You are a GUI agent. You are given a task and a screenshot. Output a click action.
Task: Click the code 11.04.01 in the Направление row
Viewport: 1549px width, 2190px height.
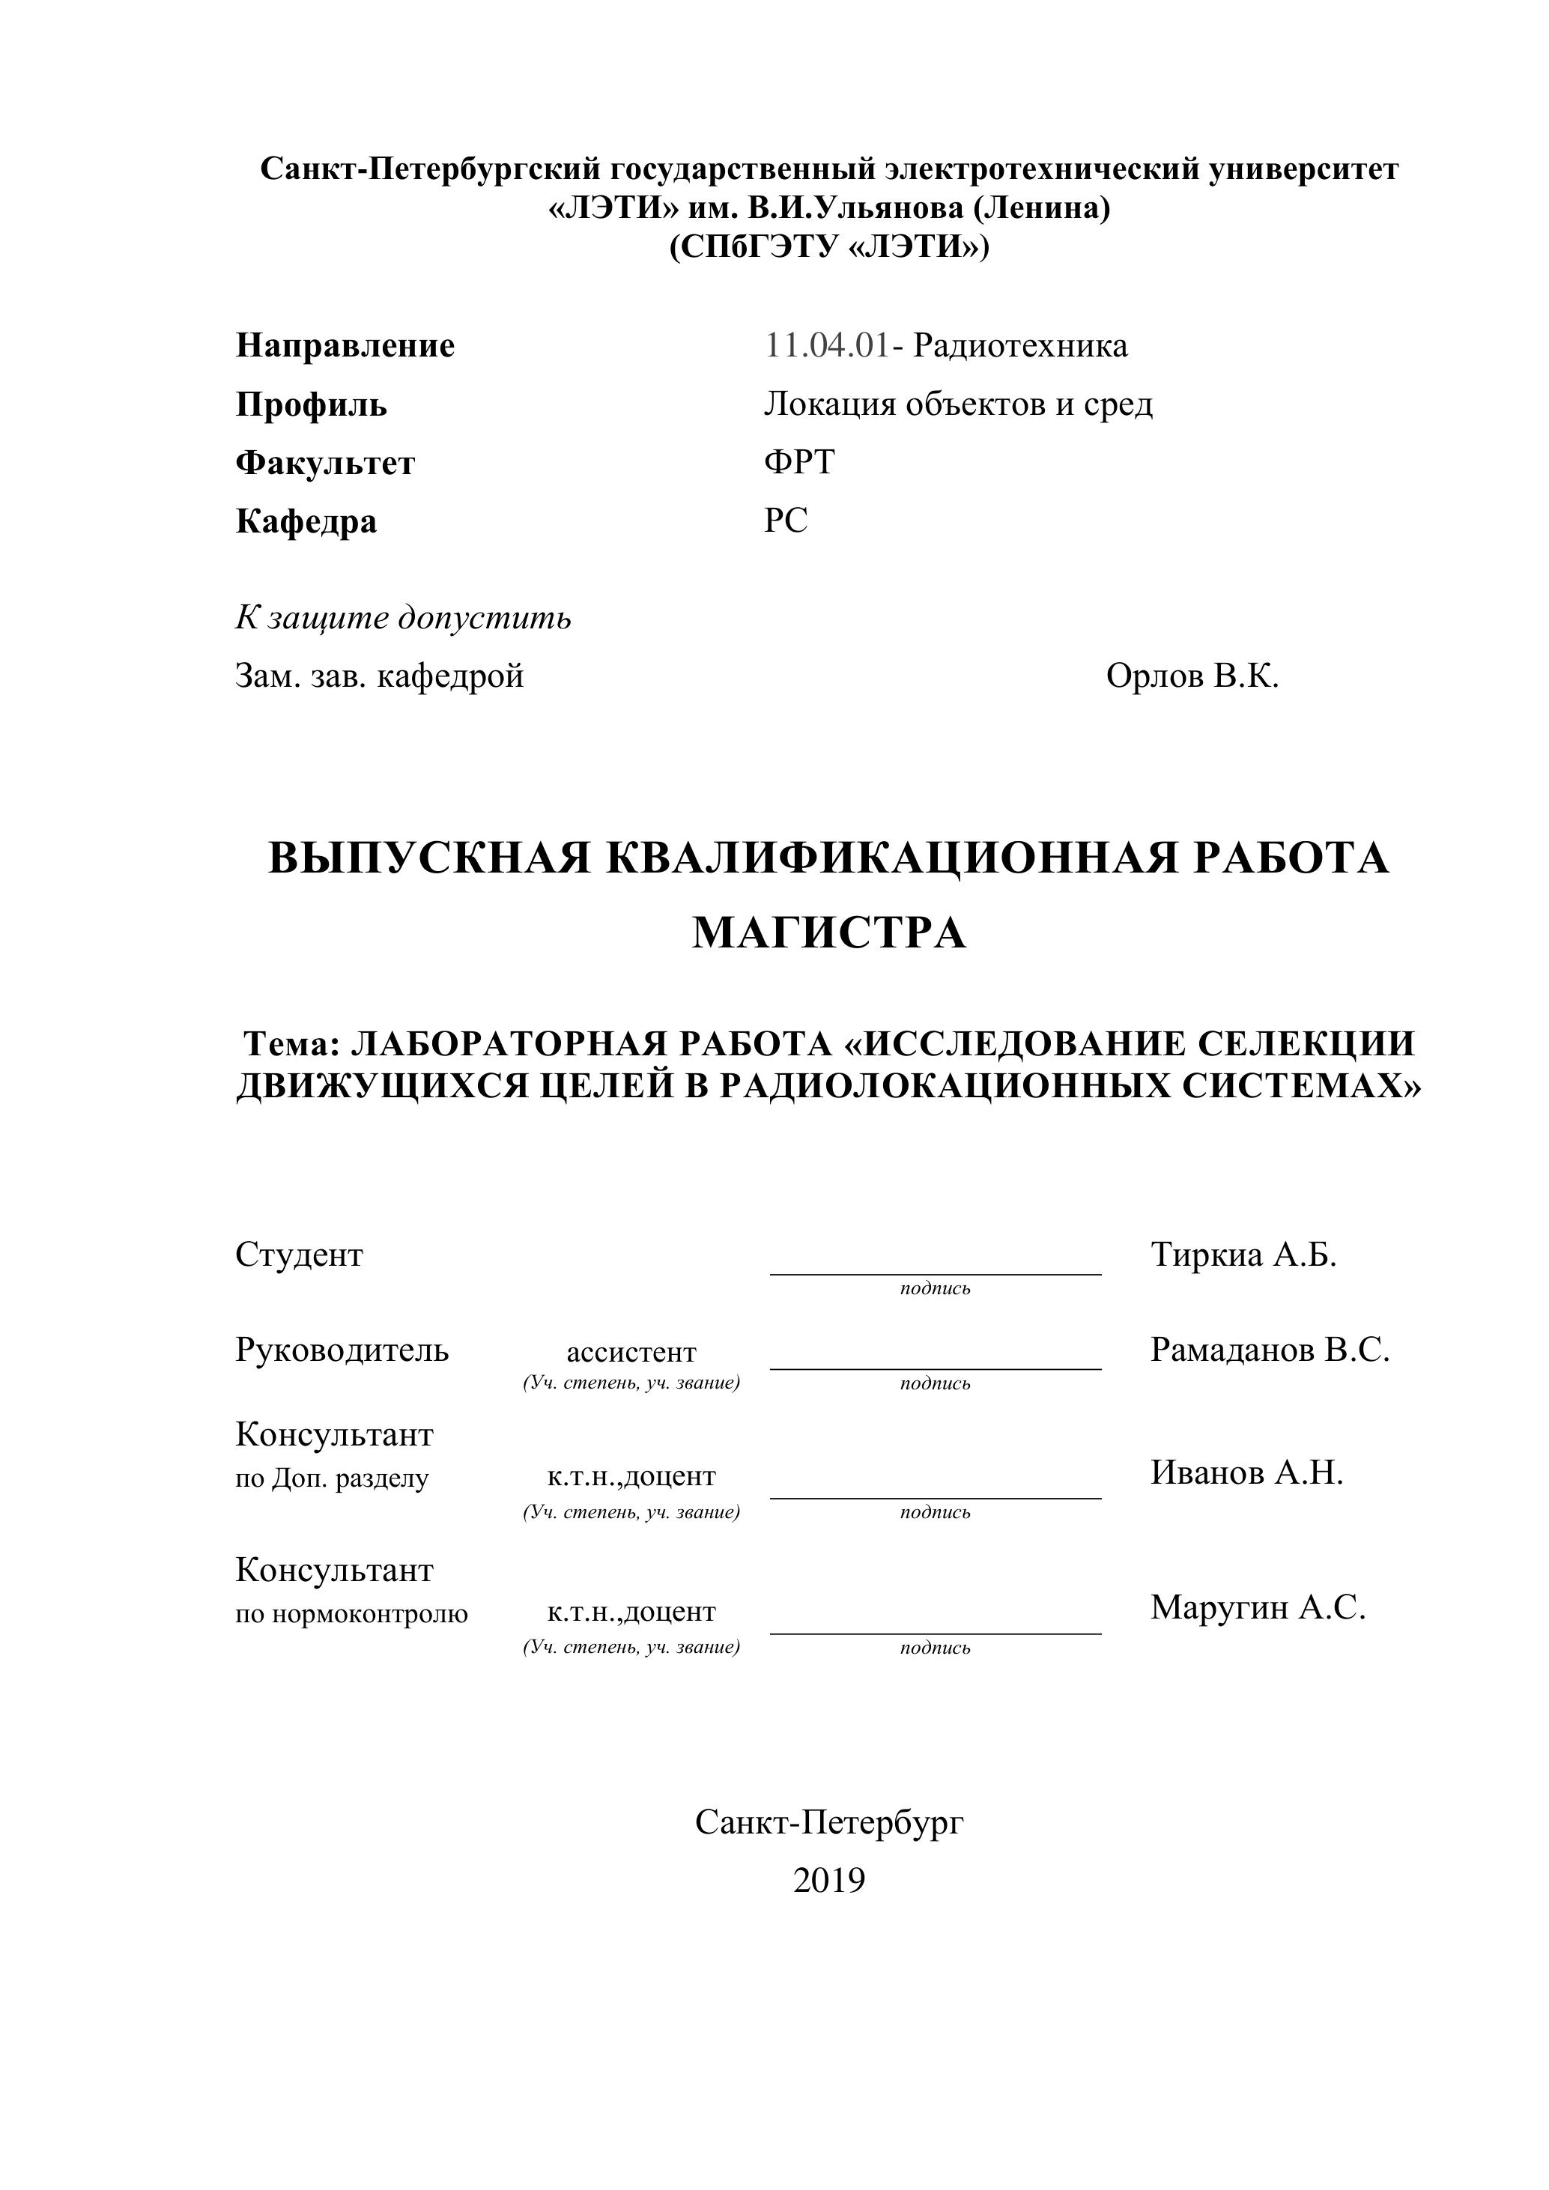[826, 345]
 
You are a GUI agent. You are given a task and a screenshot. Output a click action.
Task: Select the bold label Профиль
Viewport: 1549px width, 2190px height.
[311, 404]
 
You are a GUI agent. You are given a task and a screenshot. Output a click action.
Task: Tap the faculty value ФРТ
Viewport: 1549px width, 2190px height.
[798, 463]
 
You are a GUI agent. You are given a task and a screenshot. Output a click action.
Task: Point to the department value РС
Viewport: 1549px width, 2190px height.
[785, 521]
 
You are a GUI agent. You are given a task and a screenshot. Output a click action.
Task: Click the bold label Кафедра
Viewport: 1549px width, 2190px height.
[306, 522]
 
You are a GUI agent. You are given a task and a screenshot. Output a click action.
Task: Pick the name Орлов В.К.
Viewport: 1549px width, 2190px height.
[1192, 676]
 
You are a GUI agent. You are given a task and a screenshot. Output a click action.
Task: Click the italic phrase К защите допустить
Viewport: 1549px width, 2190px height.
[404, 618]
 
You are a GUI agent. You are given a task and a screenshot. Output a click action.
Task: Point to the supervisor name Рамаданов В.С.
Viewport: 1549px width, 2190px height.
[1270, 1350]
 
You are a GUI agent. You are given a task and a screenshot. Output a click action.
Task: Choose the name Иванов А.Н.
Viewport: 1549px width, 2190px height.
[1246, 1472]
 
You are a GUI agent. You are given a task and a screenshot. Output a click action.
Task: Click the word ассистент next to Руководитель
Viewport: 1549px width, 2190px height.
[631, 1353]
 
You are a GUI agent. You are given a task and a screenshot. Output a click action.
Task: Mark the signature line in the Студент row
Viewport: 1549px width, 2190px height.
[935, 1273]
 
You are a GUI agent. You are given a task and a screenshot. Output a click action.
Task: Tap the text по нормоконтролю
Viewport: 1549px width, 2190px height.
[352, 1614]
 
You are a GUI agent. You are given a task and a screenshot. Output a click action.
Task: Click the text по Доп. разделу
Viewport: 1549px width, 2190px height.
[332, 1478]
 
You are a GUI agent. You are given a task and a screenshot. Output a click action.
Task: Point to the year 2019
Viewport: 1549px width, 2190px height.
[829, 1880]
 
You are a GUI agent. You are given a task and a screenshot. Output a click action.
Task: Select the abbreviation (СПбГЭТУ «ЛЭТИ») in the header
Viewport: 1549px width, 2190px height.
[829, 247]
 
